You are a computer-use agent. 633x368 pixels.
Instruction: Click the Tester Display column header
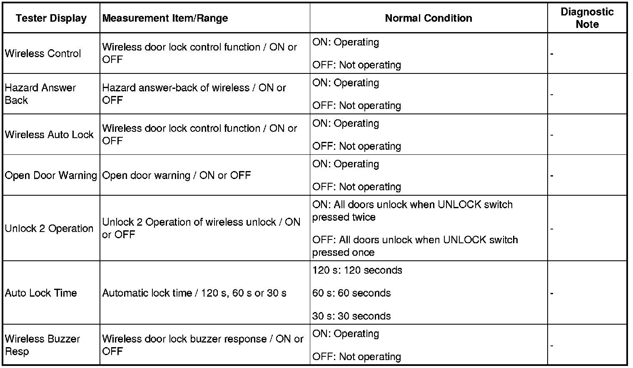click(51, 18)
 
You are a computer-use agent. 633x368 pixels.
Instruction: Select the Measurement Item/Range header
click(165, 18)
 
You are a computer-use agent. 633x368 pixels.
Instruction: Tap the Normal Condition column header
click(429, 18)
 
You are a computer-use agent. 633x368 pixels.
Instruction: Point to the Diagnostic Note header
click(587, 18)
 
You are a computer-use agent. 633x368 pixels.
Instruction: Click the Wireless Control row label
click(43, 53)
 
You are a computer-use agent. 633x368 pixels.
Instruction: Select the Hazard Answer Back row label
click(40, 94)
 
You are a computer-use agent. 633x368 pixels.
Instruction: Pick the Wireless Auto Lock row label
click(49, 134)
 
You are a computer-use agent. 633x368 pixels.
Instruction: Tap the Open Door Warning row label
click(51, 175)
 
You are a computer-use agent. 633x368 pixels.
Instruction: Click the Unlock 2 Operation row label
click(49, 229)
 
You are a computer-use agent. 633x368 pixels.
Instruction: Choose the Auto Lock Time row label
click(41, 293)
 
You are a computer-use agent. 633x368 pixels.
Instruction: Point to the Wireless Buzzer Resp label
click(42, 345)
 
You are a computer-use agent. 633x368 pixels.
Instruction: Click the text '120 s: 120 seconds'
click(357, 270)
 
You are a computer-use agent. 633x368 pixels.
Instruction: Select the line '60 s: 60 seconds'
click(351, 293)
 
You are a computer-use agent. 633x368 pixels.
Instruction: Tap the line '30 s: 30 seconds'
click(351, 316)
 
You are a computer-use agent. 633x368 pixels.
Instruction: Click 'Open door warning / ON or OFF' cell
click(177, 175)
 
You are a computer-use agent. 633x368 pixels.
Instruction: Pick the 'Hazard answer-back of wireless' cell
click(194, 94)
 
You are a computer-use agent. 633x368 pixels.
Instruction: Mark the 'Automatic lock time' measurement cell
click(194, 293)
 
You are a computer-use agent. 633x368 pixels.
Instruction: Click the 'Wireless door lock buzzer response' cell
click(203, 345)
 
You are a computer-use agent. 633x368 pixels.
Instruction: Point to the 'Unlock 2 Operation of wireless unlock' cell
click(201, 228)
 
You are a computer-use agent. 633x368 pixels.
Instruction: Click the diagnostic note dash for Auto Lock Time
click(552, 293)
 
